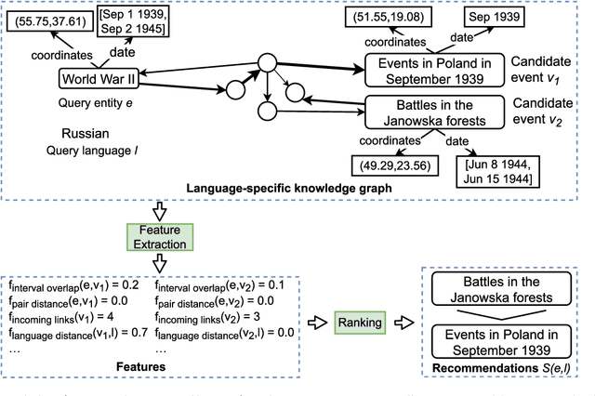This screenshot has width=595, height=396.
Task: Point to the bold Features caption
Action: click(140, 367)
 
